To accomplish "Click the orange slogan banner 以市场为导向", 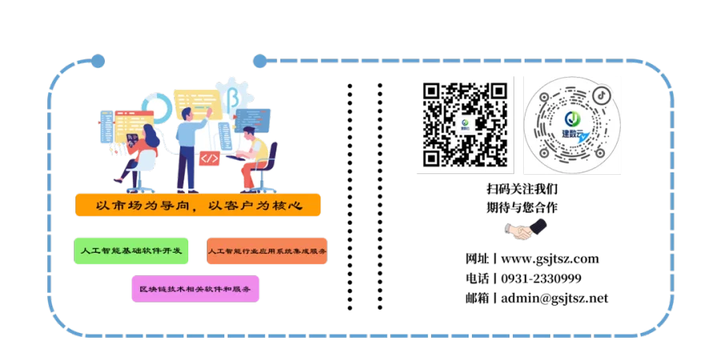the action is tap(198, 205).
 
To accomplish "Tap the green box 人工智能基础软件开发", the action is tap(131, 252).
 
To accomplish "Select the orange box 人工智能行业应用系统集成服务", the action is tap(267, 252).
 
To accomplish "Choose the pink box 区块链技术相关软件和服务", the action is tap(195, 289).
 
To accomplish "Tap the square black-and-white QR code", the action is tap(465, 124).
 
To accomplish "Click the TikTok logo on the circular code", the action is tap(601, 95).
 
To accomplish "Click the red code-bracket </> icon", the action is tap(209, 158).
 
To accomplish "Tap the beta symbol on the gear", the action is tap(233, 98).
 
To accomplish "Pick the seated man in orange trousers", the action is tap(255, 156).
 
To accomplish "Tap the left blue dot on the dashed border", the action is tap(98, 61).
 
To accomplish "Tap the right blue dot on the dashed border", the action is tap(260, 61).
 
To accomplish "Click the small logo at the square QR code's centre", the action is tap(465, 124).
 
